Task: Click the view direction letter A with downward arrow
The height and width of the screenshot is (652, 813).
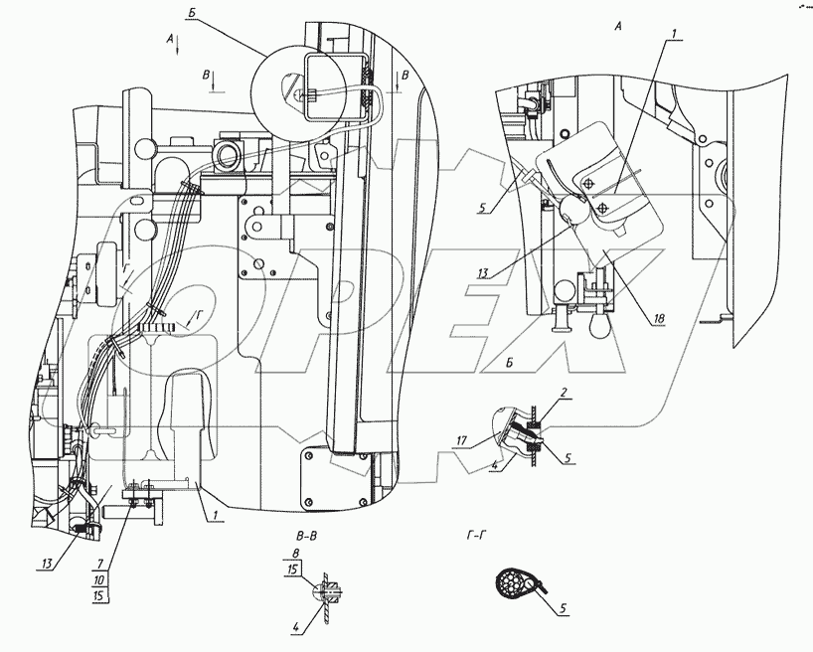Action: (x=172, y=40)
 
